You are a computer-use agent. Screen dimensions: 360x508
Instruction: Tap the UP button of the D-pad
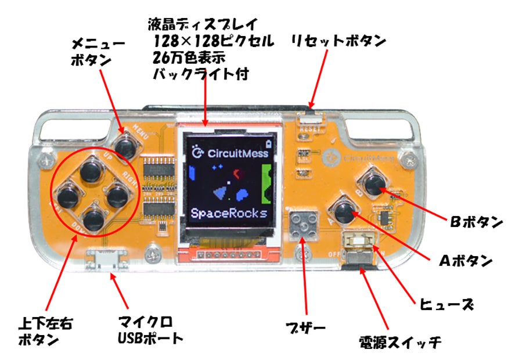point(91,171)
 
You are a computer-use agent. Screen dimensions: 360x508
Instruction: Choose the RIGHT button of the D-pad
point(117,195)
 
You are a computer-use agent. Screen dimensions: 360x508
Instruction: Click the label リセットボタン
point(338,41)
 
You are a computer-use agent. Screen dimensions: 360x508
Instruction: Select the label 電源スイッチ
point(401,340)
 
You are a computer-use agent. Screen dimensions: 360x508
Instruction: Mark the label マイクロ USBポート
point(150,329)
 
